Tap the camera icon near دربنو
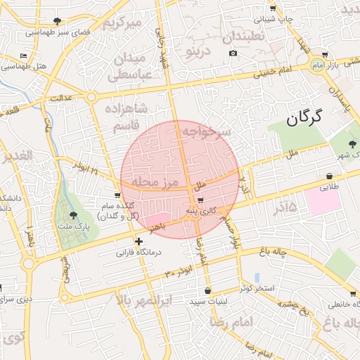(x=233, y=53)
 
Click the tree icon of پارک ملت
(x=74, y=216)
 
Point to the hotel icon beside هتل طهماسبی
(x=24, y=56)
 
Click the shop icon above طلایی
(x=329, y=176)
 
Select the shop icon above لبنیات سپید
(x=207, y=291)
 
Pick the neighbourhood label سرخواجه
(x=205, y=131)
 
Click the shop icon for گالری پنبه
(x=202, y=201)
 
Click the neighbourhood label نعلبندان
(x=242, y=34)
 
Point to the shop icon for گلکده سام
(x=117, y=195)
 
